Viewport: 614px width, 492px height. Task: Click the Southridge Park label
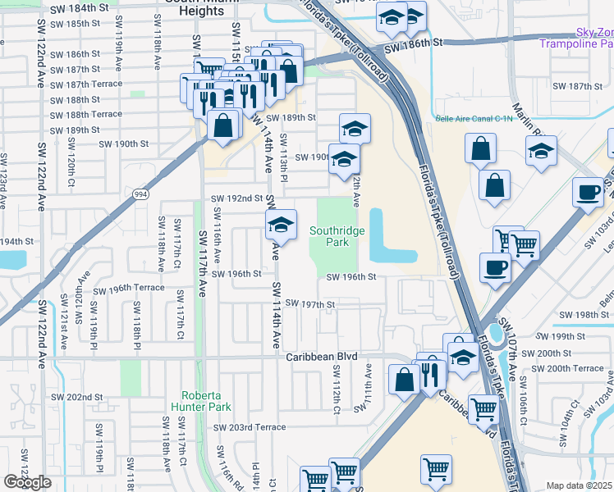pos(337,237)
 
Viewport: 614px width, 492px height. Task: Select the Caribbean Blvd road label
pos(323,357)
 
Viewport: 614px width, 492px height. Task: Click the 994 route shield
pos(141,194)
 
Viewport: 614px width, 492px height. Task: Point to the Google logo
pos(27,482)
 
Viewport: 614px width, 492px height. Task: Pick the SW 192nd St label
pos(236,198)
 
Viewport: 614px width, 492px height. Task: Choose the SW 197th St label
pos(310,304)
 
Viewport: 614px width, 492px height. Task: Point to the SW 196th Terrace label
pos(129,289)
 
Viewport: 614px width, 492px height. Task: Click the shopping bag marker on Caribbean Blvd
pos(405,380)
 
